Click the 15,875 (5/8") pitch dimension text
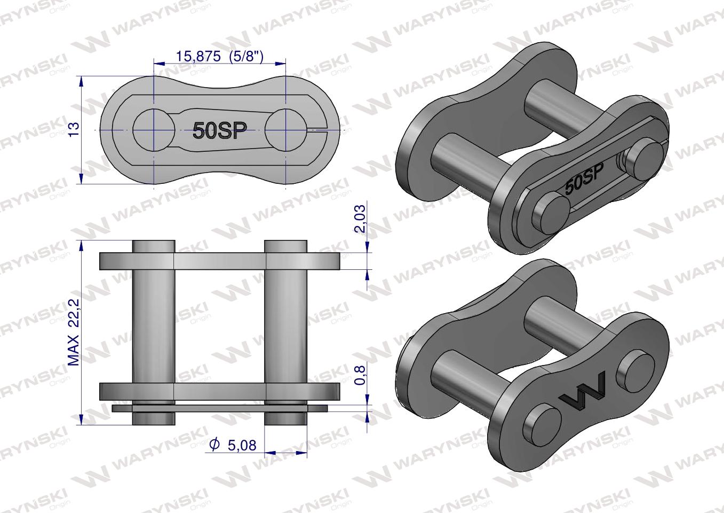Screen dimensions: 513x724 coord(219,56)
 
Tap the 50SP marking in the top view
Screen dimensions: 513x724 coord(219,130)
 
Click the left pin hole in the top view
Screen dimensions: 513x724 coord(154,130)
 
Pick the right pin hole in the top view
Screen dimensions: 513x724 coord(285,130)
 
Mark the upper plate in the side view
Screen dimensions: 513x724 coord(219,261)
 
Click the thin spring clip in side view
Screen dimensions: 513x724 coord(219,408)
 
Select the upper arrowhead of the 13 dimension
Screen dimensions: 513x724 coord(82,81)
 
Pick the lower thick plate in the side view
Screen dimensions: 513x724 coord(219,392)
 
